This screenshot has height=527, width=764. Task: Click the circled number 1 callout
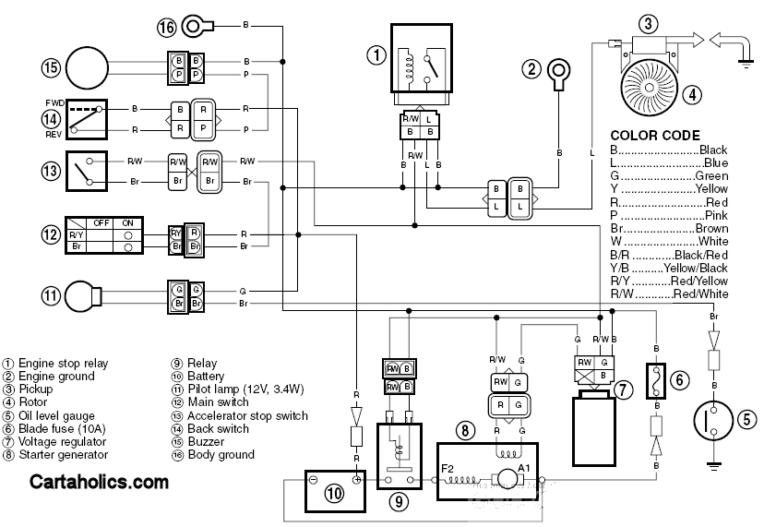tap(375, 54)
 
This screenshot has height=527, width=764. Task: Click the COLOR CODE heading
tap(655, 135)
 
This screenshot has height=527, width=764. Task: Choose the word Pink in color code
tap(715, 215)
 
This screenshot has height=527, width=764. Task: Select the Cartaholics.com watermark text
tap(100, 481)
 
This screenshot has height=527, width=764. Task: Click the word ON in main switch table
tap(127, 222)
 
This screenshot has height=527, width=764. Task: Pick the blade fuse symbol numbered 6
tap(654, 380)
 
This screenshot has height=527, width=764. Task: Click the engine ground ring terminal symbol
tap(557, 71)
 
